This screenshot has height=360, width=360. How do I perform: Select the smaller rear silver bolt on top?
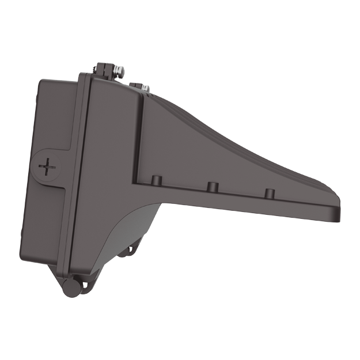[x=145, y=88]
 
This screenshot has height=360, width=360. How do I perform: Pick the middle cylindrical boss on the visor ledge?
[x=212, y=187]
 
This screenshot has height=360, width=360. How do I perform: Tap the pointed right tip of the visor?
[x=339, y=214]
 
